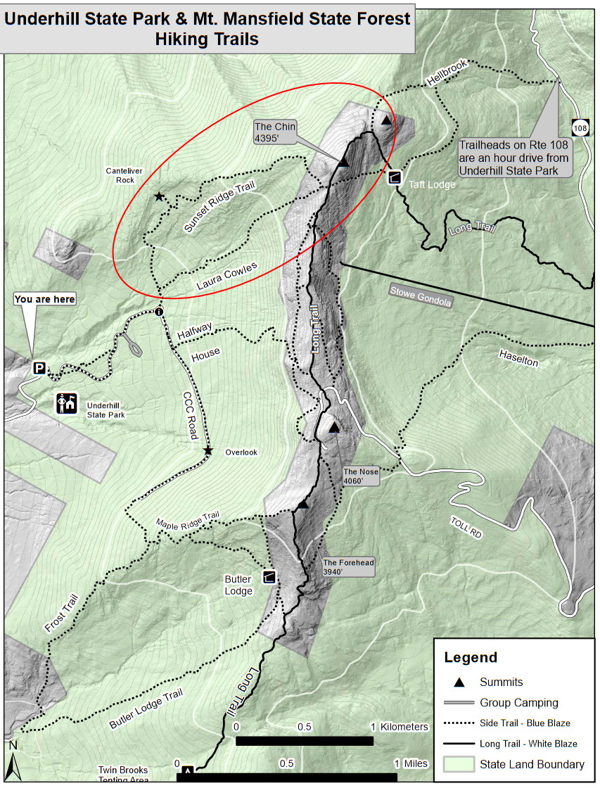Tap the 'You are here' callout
[x=44, y=299]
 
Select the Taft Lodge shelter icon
[x=395, y=177]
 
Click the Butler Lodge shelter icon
[x=269, y=576]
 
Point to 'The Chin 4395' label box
[x=276, y=132]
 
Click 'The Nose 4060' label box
[x=361, y=476]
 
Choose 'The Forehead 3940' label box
[x=347, y=567]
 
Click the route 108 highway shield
[x=580, y=128]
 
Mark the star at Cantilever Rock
[x=159, y=197]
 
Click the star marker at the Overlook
[x=208, y=450]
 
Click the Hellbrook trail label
[x=442, y=79]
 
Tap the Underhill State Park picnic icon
[x=68, y=403]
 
